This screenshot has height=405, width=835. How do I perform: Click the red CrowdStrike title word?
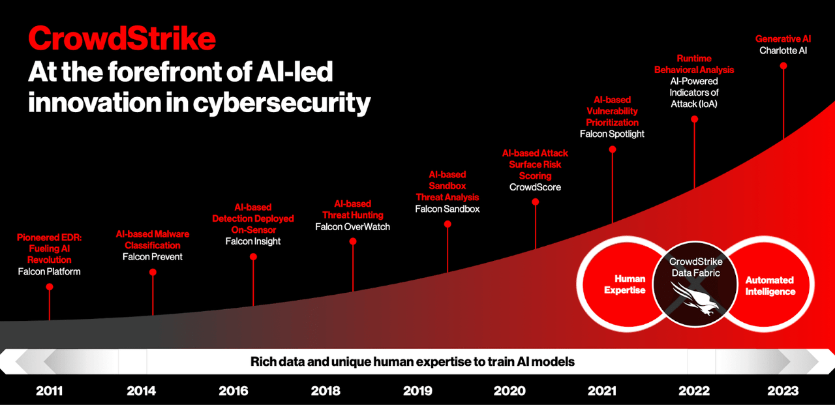[x=122, y=39]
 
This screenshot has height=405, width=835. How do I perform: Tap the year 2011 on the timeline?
[x=50, y=391]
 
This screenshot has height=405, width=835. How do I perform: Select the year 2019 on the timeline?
[x=417, y=391]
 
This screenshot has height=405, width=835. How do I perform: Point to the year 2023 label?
[x=783, y=391]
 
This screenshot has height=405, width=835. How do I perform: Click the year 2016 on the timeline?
[x=234, y=391]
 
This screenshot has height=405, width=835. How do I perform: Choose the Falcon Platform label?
[x=50, y=271]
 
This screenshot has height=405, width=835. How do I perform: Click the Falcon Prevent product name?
[x=153, y=257]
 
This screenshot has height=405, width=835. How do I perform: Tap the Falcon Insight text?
[x=253, y=241]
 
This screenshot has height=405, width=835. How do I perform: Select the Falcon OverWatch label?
[x=352, y=227]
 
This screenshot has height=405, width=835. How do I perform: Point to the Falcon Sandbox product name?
[x=448, y=209]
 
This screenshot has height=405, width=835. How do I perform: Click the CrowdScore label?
[x=535, y=187]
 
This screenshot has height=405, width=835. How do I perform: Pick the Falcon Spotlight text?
[x=612, y=134]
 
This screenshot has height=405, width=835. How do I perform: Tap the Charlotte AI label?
[x=783, y=50]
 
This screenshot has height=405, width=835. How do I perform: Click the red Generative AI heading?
[x=783, y=39]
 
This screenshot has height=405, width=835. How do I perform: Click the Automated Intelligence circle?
[x=770, y=286]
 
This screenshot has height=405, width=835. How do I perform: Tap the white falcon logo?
[x=695, y=301]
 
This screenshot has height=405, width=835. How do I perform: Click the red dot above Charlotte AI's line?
[x=783, y=66]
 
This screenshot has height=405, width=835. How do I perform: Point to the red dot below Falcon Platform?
[x=50, y=287]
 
